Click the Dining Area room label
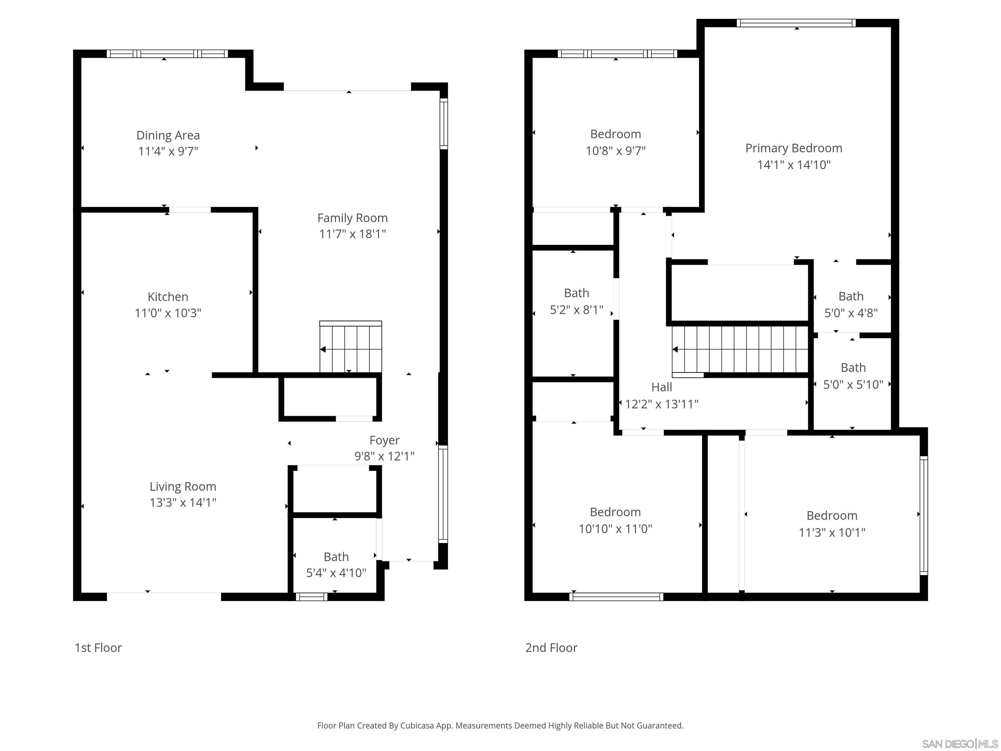coord(168,135)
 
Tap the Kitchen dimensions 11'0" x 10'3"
coord(168,313)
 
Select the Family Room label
coord(352,218)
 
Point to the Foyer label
coord(384,440)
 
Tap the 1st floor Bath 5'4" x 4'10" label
coord(336,565)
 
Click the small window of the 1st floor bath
coord(311,596)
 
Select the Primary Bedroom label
coord(793,148)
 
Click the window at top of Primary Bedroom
coord(796,23)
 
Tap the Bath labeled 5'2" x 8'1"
coord(576,301)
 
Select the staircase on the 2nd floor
coord(740,349)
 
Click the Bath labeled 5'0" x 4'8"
coord(850,304)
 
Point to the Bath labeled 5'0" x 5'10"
coord(852,376)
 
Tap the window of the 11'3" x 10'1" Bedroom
coord(924,515)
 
